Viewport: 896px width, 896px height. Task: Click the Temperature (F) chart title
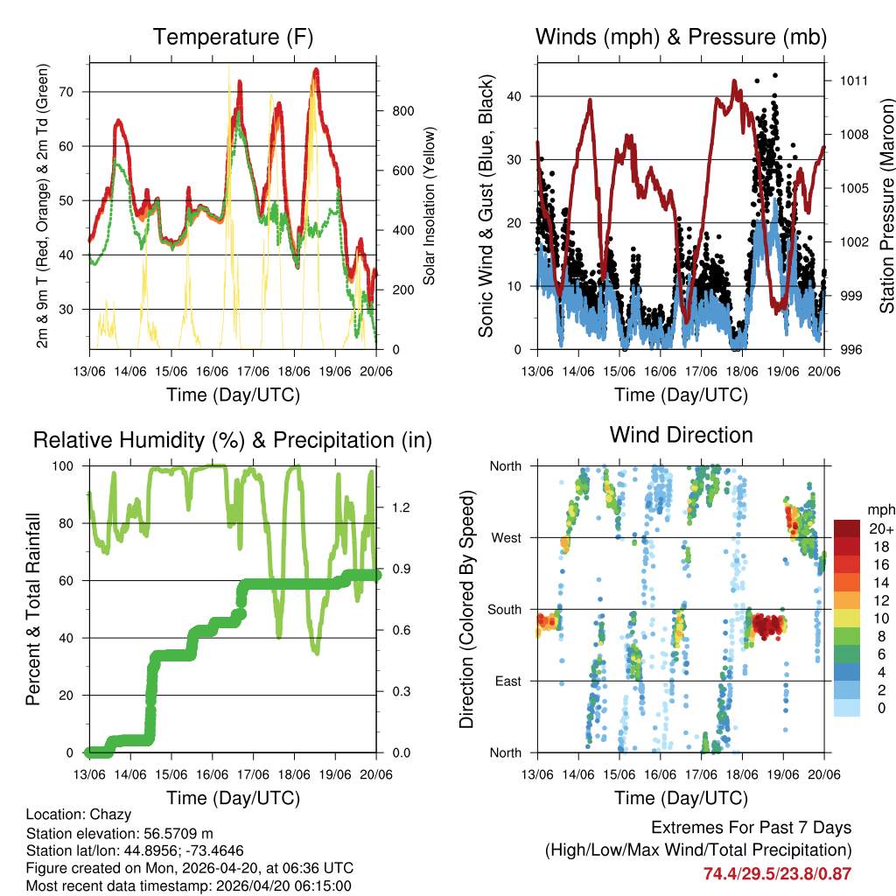[233, 37]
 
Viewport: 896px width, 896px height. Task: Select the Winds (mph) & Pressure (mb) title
[681, 37]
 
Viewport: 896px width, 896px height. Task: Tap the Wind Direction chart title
[681, 434]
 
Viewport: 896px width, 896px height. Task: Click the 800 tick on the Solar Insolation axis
[402, 111]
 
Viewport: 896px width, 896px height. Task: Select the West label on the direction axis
[505, 537]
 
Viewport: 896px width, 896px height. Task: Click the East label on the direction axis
[507, 681]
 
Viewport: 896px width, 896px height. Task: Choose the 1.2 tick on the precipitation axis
[402, 507]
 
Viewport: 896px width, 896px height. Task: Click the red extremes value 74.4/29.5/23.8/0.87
[777, 873]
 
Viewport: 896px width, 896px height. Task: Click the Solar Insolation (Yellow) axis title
[430, 206]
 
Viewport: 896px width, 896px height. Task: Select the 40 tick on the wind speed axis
[515, 96]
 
